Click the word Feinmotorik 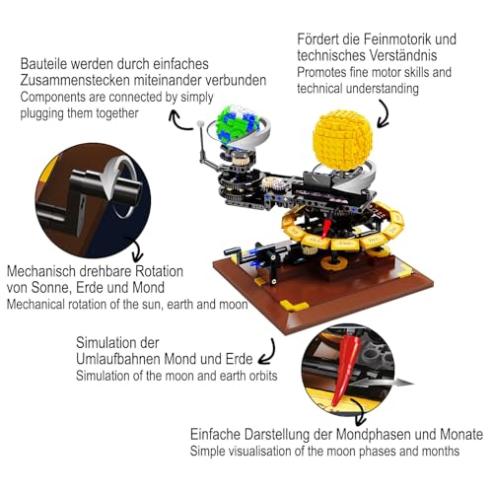(384, 39)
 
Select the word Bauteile (48, 64)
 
